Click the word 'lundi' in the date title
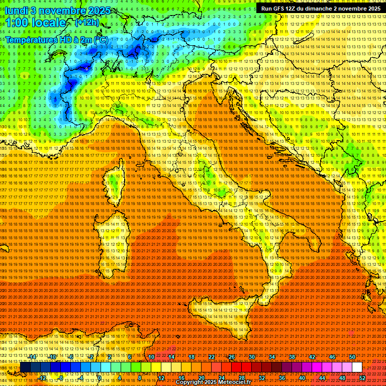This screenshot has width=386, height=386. (17, 10)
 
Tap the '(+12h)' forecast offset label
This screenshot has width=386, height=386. (87, 22)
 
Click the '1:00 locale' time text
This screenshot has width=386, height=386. (36, 23)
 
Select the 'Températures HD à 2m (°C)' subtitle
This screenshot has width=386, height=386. (57, 39)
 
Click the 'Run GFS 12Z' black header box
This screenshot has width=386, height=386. (320, 9)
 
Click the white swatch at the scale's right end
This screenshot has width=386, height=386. (357, 367)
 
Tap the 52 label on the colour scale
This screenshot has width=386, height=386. (362, 377)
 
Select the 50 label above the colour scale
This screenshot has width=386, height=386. (352, 357)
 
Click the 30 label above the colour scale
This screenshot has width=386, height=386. (251, 357)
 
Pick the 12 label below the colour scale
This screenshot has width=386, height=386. (161, 377)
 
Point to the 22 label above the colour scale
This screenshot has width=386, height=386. (212, 357)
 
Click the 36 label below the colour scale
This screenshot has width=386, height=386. (282, 377)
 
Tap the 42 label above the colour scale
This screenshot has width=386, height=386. (312, 357)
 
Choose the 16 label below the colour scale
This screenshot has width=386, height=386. (181, 377)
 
